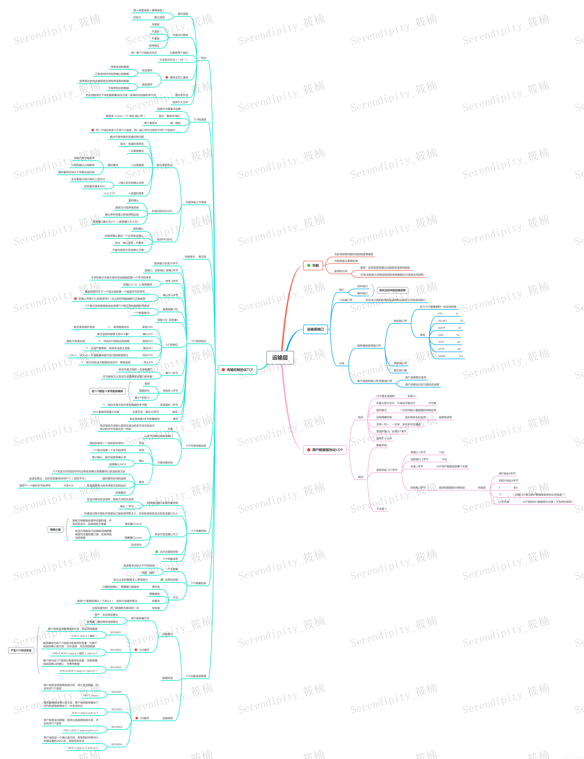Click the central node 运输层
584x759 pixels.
coord(280,357)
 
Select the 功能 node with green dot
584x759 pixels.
coord(313,265)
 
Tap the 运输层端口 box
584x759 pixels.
coord(315,329)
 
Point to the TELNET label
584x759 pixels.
coord(443,321)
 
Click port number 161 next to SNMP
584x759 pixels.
coord(461,356)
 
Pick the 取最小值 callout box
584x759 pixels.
coord(55,530)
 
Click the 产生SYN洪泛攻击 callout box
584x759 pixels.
coord(21,650)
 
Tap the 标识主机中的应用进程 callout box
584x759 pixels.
coord(392,290)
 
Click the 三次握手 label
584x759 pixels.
coord(144,650)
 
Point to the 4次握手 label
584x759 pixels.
coord(144,718)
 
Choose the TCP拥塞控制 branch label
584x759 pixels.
coord(199,583)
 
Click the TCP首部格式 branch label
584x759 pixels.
coord(199,341)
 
